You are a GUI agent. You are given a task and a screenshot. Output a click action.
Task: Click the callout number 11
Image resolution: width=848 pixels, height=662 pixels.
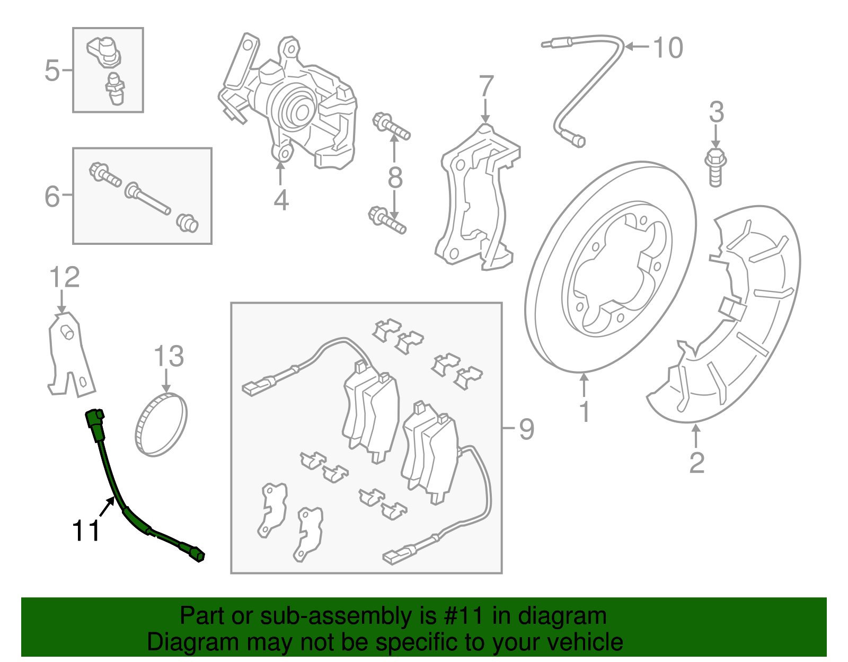[86, 531]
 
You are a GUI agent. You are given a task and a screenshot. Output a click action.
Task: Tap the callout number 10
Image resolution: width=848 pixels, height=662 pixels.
[668, 48]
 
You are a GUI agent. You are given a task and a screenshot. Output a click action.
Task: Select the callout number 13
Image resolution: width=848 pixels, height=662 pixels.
[169, 356]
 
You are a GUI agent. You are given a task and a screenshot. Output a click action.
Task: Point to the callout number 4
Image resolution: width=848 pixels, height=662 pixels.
[281, 200]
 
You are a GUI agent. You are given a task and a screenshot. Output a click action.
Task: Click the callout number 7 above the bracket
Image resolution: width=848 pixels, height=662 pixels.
[486, 86]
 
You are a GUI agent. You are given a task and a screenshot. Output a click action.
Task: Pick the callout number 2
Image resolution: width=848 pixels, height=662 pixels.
[696, 462]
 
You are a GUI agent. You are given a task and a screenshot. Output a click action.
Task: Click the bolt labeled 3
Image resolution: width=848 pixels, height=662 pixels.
[715, 167]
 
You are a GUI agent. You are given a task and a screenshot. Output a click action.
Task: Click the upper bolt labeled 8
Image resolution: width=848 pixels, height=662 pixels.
[391, 126]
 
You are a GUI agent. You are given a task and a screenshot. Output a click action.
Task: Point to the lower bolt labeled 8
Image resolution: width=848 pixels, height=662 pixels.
[387, 220]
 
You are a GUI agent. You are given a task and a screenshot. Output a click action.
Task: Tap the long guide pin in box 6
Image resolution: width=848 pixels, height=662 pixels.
[148, 198]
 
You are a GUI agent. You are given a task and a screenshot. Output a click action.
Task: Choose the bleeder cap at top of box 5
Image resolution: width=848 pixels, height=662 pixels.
[105, 50]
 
